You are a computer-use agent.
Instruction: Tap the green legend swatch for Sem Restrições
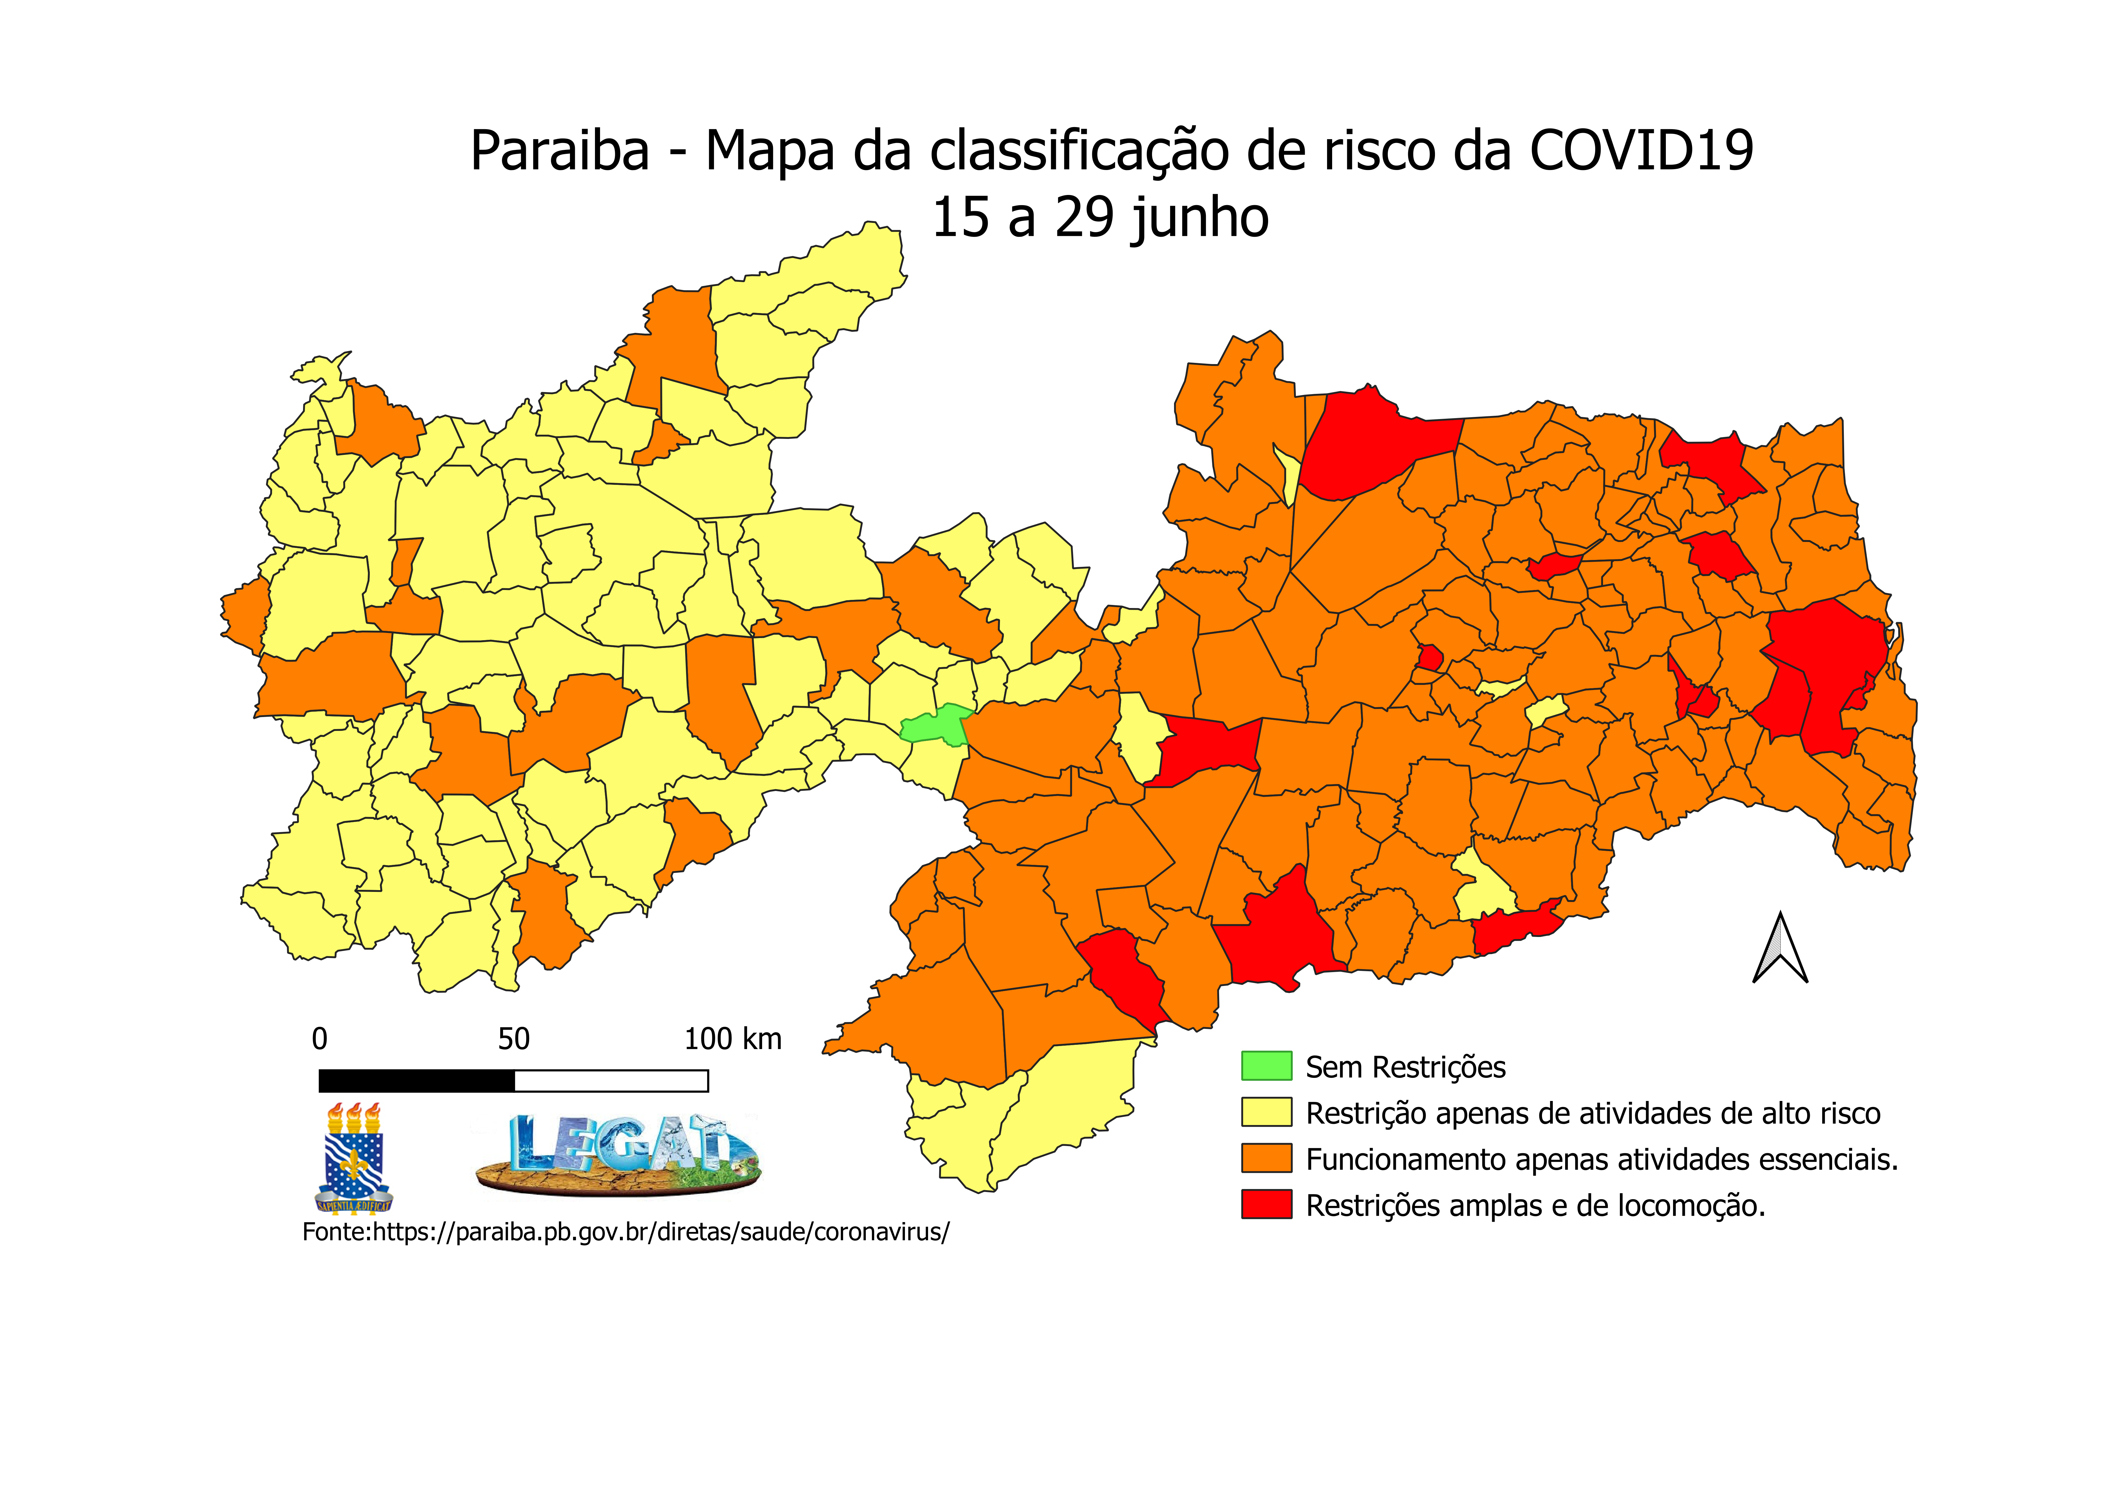point(1267,1066)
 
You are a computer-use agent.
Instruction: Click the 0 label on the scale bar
point(320,1039)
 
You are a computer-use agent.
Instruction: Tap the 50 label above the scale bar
point(513,1039)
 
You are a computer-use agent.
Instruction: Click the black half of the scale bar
point(416,1081)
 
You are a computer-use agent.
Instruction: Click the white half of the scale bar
point(611,1081)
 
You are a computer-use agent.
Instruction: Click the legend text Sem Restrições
point(1405,1067)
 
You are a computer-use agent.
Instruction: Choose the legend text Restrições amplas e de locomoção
point(1535,1205)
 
